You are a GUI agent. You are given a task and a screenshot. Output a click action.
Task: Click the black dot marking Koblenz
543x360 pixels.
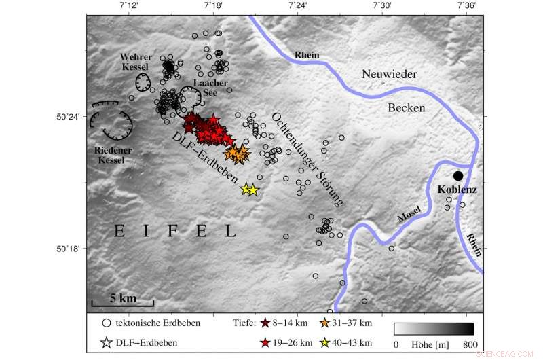coord(458,175)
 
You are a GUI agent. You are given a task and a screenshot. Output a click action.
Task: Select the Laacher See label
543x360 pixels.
coord(210,88)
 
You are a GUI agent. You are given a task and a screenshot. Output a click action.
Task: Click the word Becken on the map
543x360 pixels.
coord(407,107)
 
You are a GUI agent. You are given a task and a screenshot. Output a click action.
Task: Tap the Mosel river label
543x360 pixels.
coord(409,214)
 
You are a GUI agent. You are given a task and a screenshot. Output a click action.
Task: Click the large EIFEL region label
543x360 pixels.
coord(174,232)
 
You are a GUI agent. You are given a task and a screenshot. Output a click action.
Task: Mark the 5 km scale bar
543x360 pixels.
coord(122,305)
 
